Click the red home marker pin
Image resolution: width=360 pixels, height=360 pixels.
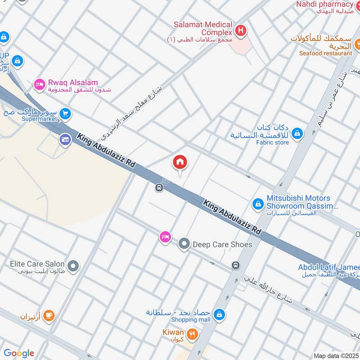(x=180, y=162)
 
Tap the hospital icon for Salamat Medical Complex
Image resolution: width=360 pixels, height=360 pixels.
(x=241, y=31)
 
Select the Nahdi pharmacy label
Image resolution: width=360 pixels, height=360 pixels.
(x=324, y=4)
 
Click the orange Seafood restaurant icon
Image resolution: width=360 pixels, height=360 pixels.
(x=358, y=43)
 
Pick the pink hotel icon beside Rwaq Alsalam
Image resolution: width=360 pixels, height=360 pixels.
(x=40, y=84)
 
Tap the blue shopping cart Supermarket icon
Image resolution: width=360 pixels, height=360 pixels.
(x=66, y=114)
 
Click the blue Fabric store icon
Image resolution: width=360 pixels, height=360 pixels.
(x=297, y=133)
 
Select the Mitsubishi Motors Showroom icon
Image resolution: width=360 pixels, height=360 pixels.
(x=257, y=204)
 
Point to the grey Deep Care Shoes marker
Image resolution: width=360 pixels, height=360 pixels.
(x=183, y=244)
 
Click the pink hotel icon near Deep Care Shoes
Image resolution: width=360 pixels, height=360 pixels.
(x=165, y=237)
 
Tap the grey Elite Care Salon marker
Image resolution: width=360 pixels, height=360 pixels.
(x=73, y=266)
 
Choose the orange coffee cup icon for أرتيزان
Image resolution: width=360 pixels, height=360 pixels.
(x=49, y=316)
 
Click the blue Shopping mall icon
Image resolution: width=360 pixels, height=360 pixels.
(x=219, y=314)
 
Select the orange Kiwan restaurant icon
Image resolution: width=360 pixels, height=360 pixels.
(x=193, y=334)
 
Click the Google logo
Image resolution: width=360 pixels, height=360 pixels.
(x=19, y=353)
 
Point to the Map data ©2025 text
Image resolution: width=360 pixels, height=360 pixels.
(x=336, y=356)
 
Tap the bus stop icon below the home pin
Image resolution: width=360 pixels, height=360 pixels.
(x=159, y=188)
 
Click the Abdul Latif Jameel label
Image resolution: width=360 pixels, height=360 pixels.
(x=328, y=267)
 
